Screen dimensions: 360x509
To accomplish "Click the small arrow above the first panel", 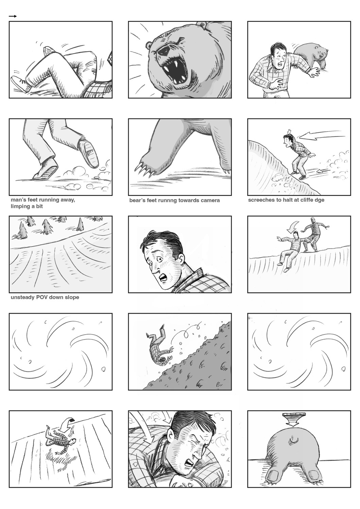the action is pos(13,16).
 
